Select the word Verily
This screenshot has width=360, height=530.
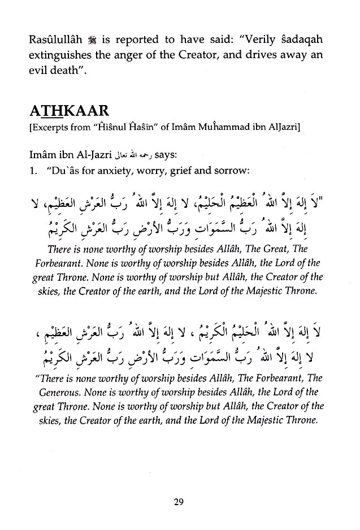pos(238,25)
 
